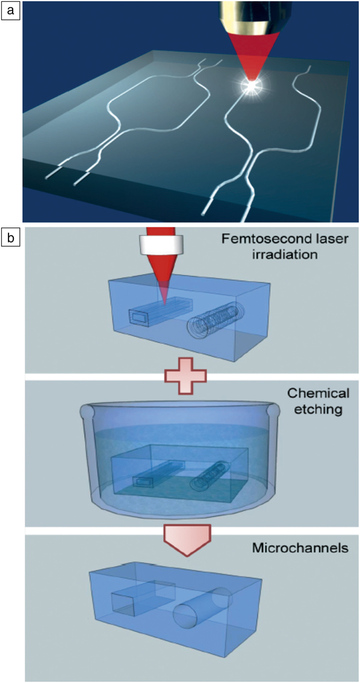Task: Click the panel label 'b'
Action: (x=10, y=238)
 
